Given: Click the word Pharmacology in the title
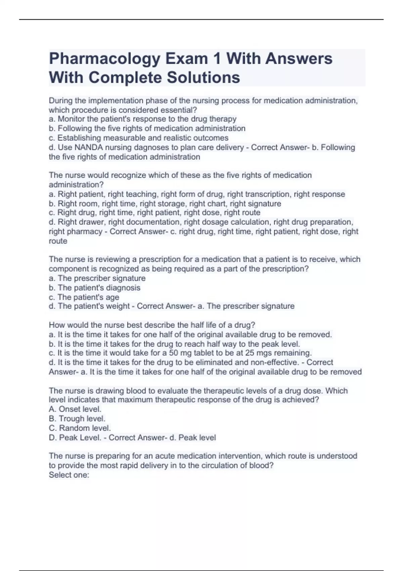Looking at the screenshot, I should [104, 59].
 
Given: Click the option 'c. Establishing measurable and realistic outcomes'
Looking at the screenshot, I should [138, 138].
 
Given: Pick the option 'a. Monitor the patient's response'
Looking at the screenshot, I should [142, 119].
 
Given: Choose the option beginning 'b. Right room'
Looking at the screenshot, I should [165, 204].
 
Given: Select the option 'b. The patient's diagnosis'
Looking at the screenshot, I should [94, 288].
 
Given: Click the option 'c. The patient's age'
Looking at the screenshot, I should [84, 297].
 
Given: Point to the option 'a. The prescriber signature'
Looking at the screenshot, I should [97, 278].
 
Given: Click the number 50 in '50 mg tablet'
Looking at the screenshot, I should [173, 353].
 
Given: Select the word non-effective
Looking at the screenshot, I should [276, 362].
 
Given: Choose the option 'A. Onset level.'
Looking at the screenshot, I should [75, 409].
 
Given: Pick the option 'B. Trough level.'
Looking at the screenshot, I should [77, 419].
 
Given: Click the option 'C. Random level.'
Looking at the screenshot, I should [80, 428].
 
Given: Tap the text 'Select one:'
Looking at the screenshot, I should [69, 475].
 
